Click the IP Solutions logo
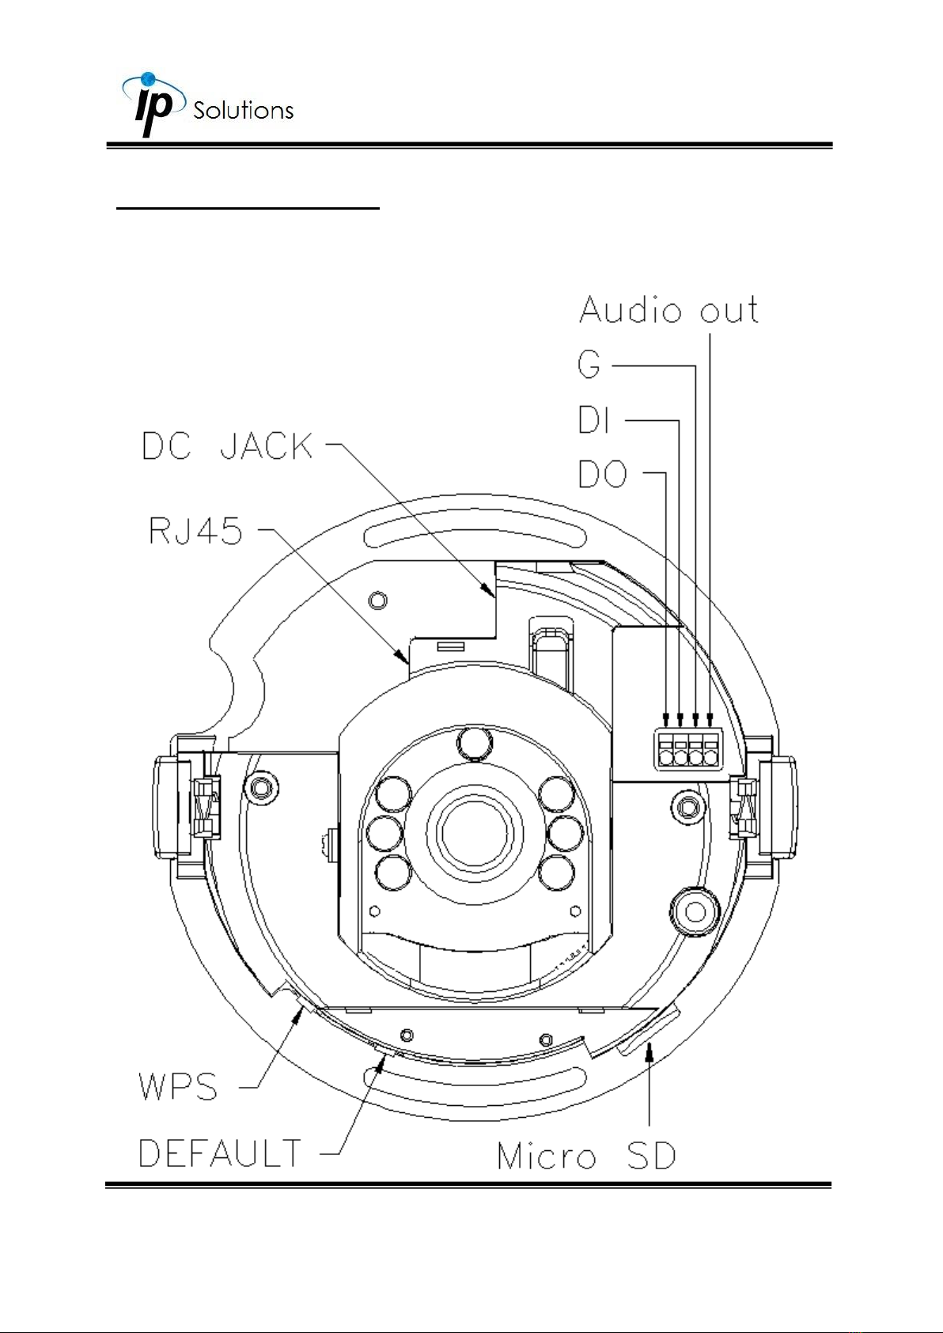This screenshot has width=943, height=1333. tap(207, 104)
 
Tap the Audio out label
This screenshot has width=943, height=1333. tap(668, 310)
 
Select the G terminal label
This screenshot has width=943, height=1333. tap(589, 364)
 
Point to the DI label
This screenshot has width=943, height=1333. tap(593, 419)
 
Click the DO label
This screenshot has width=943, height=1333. tap(602, 475)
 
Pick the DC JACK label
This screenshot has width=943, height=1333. tap(227, 445)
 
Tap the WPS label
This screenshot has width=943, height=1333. tap(178, 1086)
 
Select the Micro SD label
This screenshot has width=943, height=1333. tap(587, 1157)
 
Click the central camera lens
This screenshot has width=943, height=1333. tap(474, 835)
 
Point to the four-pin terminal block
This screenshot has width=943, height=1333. tap(688, 749)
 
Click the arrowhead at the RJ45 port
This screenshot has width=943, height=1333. tap(403, 657)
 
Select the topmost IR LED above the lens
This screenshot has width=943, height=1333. tap(474, 744)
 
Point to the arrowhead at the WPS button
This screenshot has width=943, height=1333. tap(297, 1017)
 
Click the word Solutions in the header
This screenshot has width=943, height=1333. tap(244, 111)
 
